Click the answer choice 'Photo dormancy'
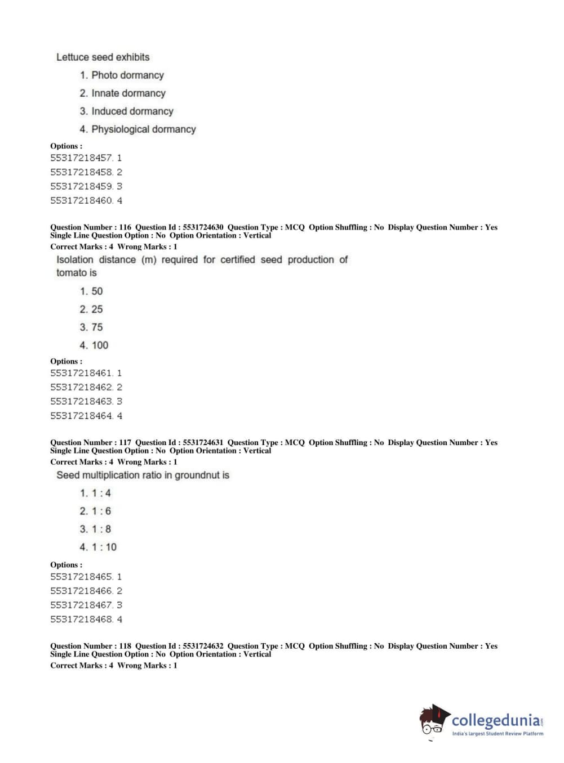click(x=127, y=75)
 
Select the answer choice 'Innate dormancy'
click(x=128, y=93)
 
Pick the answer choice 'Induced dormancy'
click(x=132, y=111)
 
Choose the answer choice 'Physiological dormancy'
click(x=144, y=129)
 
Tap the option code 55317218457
click(x=81, y=158)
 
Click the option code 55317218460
click(x=81, y=200)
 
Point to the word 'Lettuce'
click(x=73, y=57)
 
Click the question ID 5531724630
click(x=203, y=227)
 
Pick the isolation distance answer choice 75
click(x=97, y=327)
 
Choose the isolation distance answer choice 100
click(x=100, y=345)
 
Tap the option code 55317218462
click(x=81, y=387)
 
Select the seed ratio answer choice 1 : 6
click(x=101, y=511)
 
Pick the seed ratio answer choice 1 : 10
click(x=104, y=547)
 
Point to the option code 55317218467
click(x=81, y=605)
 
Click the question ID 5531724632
click(x=203, y=646)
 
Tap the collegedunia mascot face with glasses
click(x=432, y=722)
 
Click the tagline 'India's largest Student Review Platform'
click(x=498, y=734)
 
